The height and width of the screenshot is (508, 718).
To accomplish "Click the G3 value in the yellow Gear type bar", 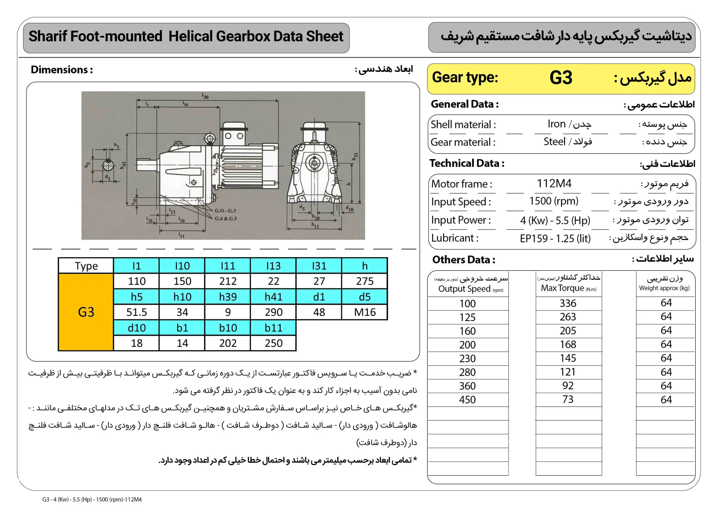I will (x=561, y=78).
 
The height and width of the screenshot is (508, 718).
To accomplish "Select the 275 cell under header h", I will (x=365, y=281).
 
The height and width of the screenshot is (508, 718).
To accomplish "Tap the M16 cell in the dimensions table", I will (x=365, y=312).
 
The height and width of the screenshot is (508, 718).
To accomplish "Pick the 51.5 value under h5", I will (x=137, y=312).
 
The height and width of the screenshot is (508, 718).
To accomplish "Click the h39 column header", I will (x=228, y=296).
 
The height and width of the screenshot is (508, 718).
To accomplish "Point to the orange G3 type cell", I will (x=86, y=312).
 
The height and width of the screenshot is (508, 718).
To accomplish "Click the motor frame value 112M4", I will (x=554, y=183).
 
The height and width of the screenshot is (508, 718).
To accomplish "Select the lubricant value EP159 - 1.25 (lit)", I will (x=555, y=239).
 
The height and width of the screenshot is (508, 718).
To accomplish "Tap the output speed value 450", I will (x=467, y=399).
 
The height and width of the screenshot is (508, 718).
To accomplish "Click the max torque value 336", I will (x=568, y=303).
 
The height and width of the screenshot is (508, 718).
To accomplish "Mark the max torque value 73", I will (x=568, y=399).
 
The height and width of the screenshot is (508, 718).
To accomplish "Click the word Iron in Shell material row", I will (x=556, y=124).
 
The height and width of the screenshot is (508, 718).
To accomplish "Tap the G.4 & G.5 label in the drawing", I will (x=225, y=218).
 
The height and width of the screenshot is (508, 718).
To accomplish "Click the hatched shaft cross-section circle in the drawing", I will (x=108, y=165).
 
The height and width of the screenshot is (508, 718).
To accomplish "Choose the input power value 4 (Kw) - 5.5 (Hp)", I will (x=555, y=220).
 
